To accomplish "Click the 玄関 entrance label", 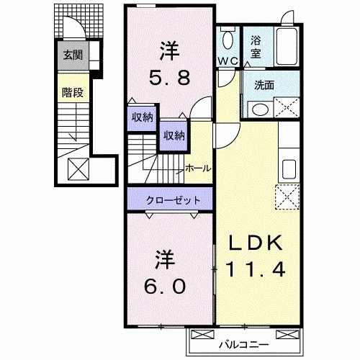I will [72, 55].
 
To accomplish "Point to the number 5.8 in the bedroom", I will [170, 75].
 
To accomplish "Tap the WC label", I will [229, 59].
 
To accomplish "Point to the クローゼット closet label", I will [170, 199].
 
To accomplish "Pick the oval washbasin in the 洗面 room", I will [259, 109].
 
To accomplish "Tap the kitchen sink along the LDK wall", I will [289, 168].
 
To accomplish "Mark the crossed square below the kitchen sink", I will [287, 196].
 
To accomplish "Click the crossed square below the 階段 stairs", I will [77, 168].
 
